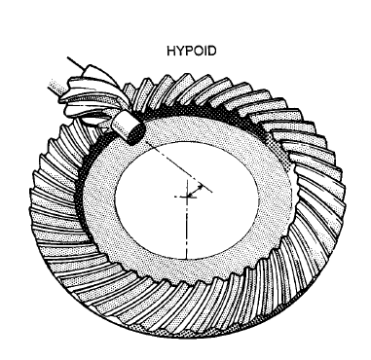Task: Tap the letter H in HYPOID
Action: click(170, 45)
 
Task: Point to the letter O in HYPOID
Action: click(195, 45)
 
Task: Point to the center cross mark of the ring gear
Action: click(184, 196)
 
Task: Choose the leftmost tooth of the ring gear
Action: click(33, 204)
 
